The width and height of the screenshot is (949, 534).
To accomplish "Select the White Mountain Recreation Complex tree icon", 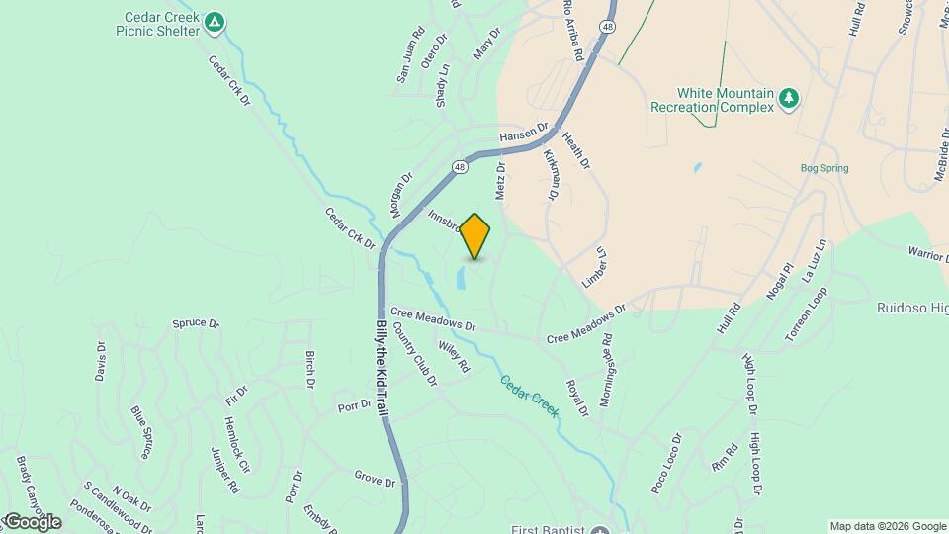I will coord(788,97).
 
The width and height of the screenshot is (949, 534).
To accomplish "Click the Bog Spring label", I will coord(823,168).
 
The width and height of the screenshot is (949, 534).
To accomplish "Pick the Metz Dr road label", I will coord(501,179).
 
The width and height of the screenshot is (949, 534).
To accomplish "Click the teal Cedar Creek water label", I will coord(528,396).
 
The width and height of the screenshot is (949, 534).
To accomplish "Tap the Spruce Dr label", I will coord(196,323).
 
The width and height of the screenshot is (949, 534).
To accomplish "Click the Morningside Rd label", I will coord(608,361).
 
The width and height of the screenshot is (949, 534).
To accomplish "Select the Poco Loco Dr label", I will coord(666,464).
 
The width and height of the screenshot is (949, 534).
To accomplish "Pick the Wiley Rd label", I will coord(454,357).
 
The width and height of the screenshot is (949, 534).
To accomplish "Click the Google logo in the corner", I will coord(32,521).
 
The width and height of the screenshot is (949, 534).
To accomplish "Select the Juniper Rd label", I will coord(225,470).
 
